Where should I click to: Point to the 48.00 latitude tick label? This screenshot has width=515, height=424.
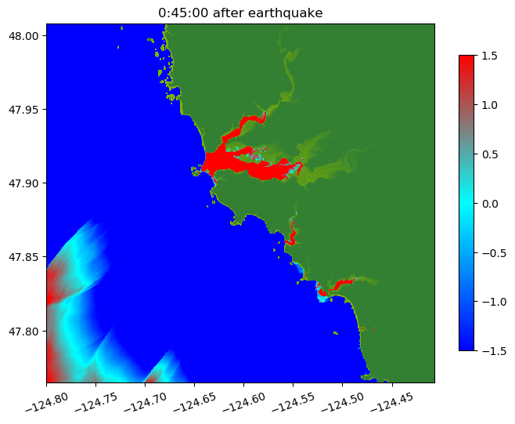point(27,36)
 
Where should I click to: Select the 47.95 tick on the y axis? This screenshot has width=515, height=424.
point(27,110)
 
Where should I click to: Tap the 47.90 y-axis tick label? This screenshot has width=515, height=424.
point(27,183)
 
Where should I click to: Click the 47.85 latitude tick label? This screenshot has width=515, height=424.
point(27,257)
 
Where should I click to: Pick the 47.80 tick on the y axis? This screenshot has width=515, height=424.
point(27,331)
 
